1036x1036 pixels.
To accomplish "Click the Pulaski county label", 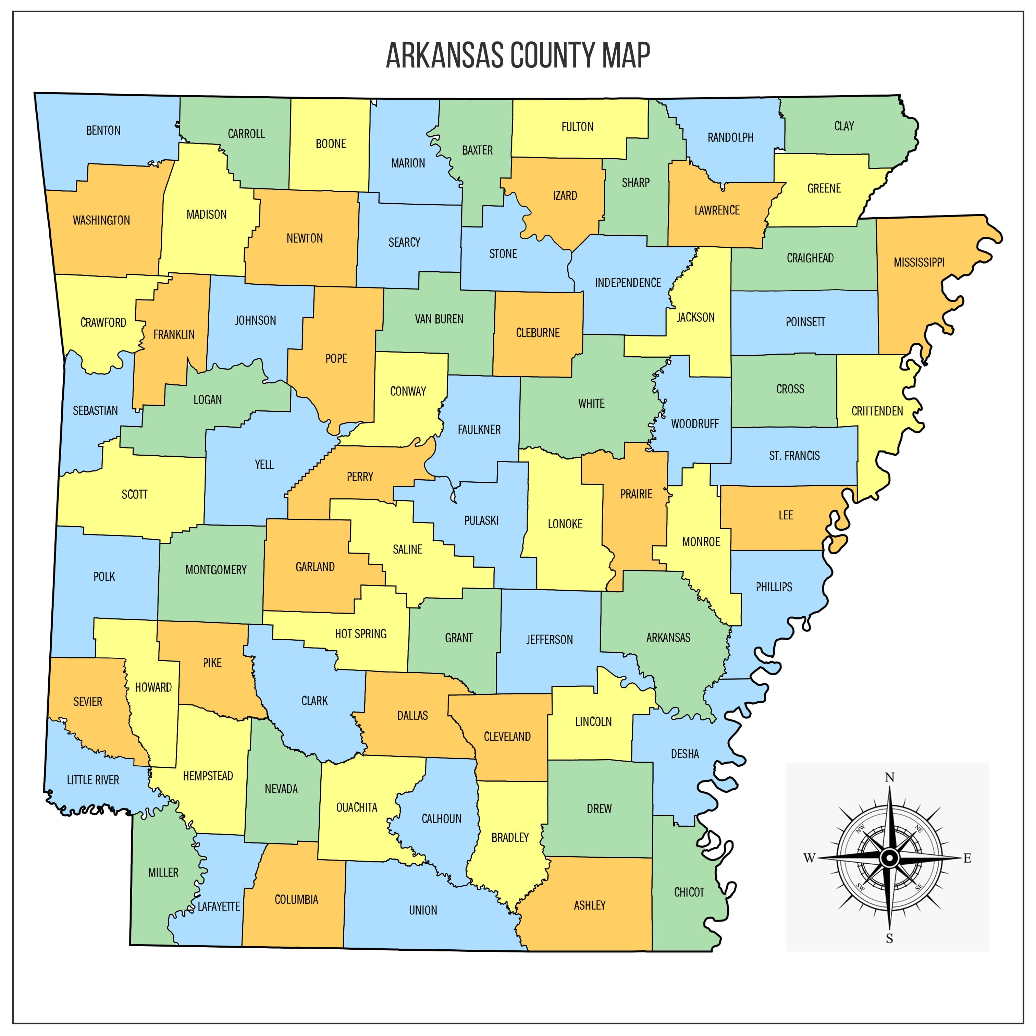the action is click(481, 520).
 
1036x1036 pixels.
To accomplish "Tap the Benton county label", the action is click(103, 130).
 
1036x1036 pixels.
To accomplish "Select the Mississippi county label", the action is click(918, 262).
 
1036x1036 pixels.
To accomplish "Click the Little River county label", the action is click(93, 780).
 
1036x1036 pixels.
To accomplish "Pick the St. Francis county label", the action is click(794, 456).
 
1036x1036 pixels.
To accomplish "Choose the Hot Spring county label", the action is click(360, 634).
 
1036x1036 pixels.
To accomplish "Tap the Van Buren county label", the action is click(439, 319).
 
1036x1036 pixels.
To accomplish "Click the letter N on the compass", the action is click(889, 777).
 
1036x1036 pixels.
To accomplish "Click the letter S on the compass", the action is click(889, 938).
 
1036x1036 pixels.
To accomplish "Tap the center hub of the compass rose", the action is click(889, 858).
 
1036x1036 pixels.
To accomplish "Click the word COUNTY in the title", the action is click(552, 55).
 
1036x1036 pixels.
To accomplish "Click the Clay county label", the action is click(843, 126).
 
